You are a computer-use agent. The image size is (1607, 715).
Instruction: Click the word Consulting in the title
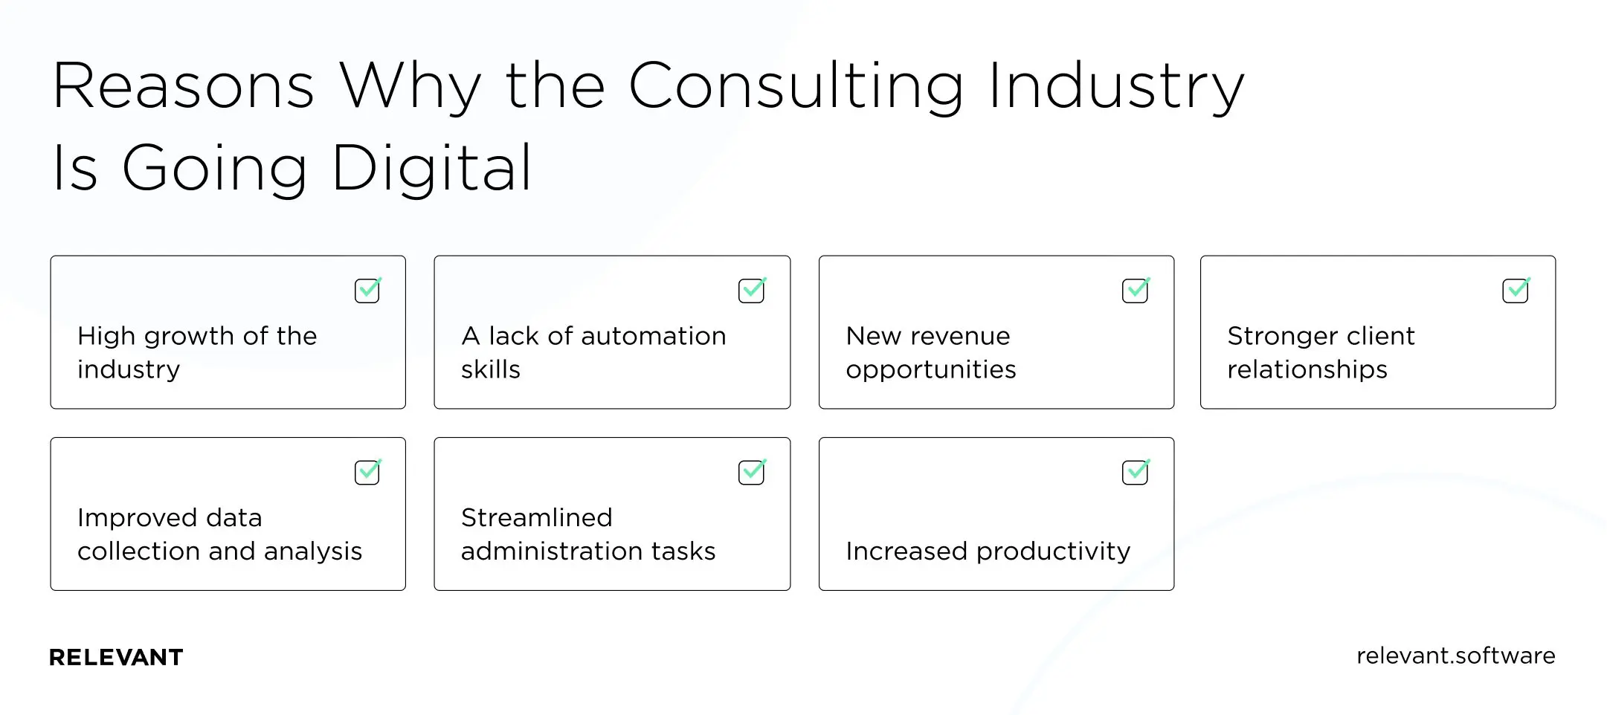coord(796,88)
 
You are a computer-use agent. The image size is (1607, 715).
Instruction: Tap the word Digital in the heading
coord(431,169)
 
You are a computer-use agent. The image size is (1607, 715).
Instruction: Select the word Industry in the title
coord(1115,88)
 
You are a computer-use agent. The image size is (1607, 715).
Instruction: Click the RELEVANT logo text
coord(116,657)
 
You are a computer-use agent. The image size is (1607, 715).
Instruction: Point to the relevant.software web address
coord(1455,656)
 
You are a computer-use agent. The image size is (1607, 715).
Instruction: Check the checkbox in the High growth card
coord(367,291)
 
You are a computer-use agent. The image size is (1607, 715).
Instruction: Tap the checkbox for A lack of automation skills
coord(751,291)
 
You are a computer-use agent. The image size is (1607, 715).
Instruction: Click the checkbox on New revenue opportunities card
coord(1135,291)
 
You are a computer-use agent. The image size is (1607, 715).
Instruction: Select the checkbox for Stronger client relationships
coord(1515,291)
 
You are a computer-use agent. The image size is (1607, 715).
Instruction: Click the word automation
coord(654,336)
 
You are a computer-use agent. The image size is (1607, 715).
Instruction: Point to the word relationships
coord(1307,369)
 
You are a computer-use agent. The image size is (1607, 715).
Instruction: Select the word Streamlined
coord(536,517)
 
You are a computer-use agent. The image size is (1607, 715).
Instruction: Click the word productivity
coord(1053,551)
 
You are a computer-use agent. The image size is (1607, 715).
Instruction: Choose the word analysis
coord(312,551)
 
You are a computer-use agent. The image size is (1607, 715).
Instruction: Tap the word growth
coord(190,337)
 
